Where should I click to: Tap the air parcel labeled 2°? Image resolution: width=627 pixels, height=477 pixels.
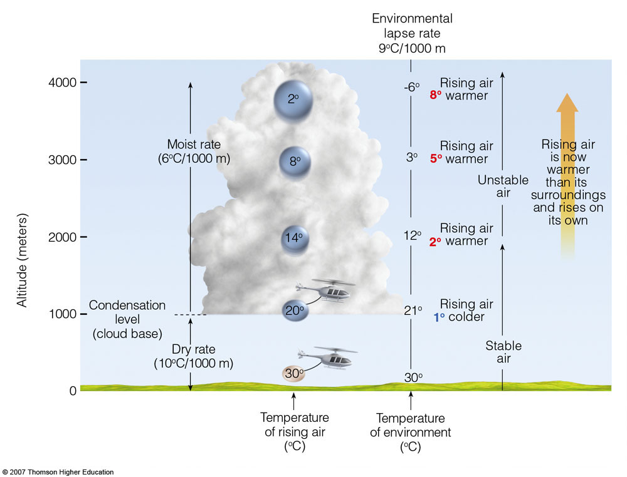pyautogui.click(x=293, y=100)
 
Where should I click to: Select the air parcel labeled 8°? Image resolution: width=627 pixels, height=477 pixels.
pyautogui.click(x=294, y=161)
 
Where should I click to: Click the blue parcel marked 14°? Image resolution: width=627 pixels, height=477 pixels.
pyautogui.click(x=295, y=238)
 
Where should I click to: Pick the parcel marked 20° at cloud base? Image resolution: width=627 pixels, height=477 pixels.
pyautogui.click(x=294, y=310)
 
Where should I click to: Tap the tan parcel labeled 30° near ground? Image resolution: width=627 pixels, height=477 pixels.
pyautogui.click(x=293, y=374)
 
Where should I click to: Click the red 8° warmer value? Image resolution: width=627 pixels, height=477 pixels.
pyautogui.click(x=436, y=96)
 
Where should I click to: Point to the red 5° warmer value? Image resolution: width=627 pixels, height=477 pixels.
pyautogui.click(x=436, y=159)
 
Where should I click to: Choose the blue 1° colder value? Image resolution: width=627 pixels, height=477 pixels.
pyautogui.click(x=439, y=317)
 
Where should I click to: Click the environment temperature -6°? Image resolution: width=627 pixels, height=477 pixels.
pyautogui.click(x=411, y=88)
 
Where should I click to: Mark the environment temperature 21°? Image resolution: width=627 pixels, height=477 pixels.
pyautogui.click(x=411, y=310)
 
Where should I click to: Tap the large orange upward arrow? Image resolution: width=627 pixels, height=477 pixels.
pyautogui.click(x=567, y=175)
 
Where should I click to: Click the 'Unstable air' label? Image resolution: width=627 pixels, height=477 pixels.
pyautogui.click(x=503, y=187)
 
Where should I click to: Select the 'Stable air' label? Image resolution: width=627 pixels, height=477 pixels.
pyautogui.click(x=503, y=352)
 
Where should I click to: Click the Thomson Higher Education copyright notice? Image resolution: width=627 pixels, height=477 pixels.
pyautogui.click(x=58, y=472)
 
